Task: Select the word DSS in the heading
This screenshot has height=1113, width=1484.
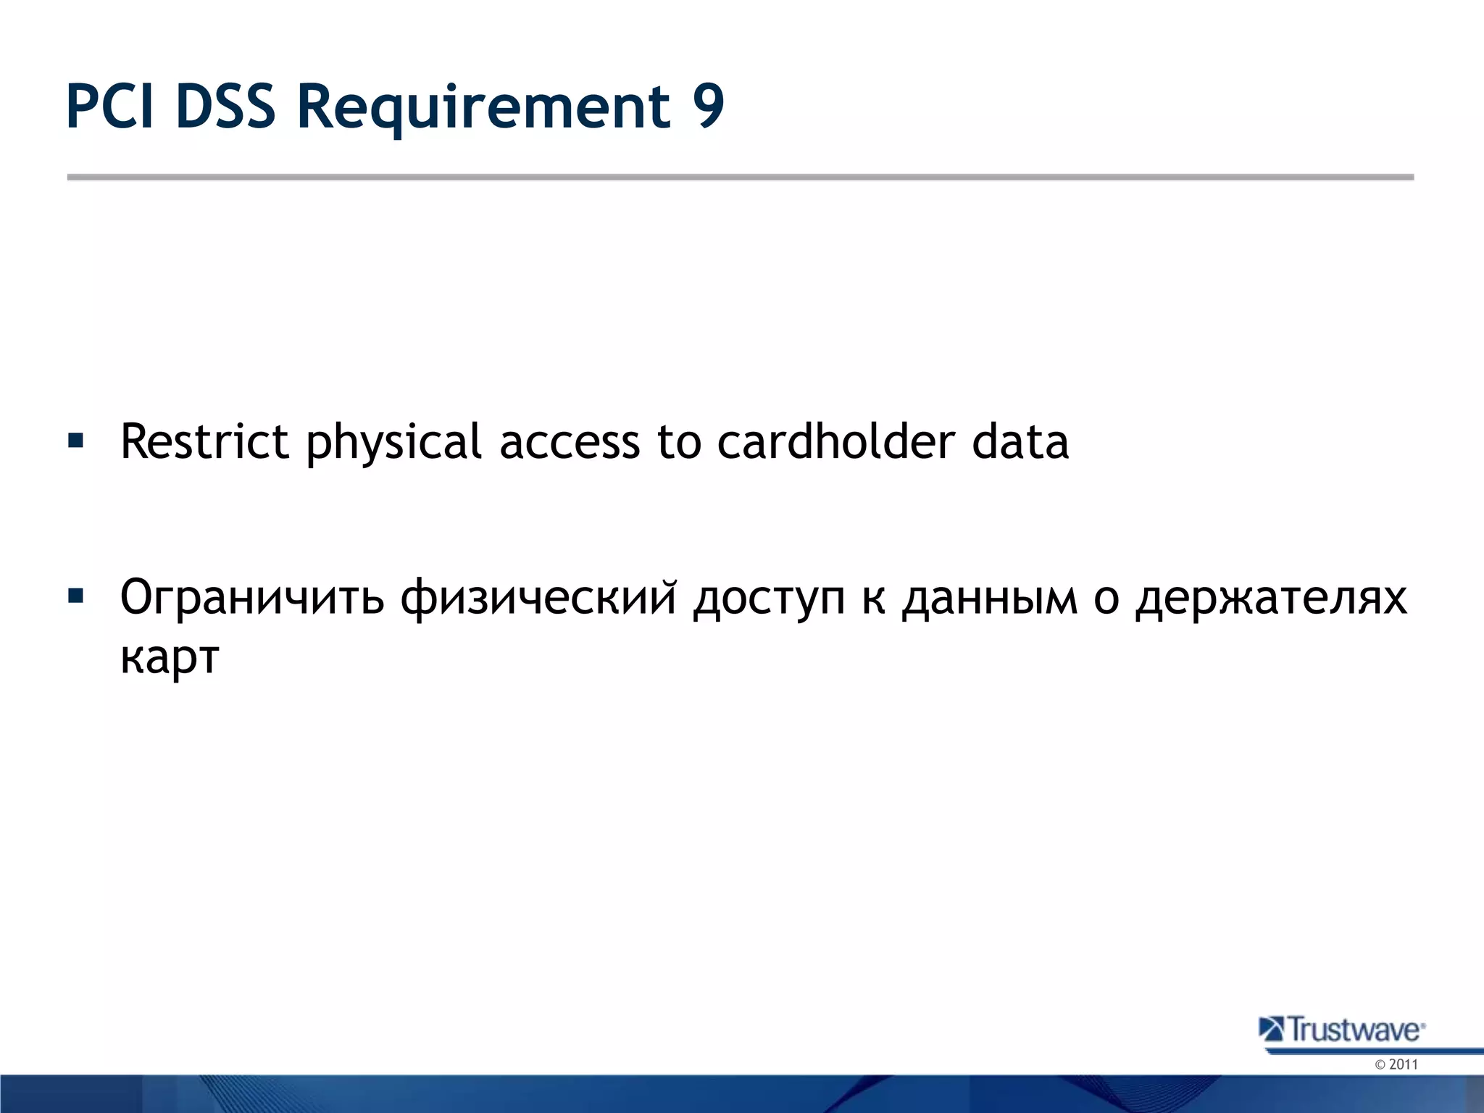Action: click(225, 107)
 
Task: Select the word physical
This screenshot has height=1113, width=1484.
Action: click(393, 443)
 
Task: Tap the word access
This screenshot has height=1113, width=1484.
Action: click(570, 442)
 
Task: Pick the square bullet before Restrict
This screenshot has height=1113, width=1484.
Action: click(75, 440)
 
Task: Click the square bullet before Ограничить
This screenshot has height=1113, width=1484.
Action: click(75, 596)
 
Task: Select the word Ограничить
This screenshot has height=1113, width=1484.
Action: click(251, 599)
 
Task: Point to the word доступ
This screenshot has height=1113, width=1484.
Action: click(769, 599)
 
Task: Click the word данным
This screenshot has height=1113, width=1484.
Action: click(990, 599)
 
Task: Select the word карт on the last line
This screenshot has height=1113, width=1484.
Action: click(170, 658)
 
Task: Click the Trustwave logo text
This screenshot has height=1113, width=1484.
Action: click(1354, 1030)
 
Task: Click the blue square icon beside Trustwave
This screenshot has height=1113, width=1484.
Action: click(1270, 1029)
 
